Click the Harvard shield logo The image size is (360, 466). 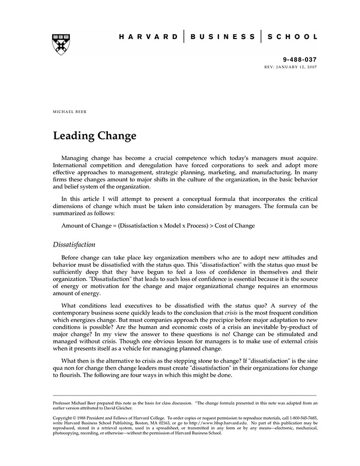61,44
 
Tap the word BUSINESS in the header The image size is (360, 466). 222,37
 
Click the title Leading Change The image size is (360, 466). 95,136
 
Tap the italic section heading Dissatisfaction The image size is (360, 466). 74,245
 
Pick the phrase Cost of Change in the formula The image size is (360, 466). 235,225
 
